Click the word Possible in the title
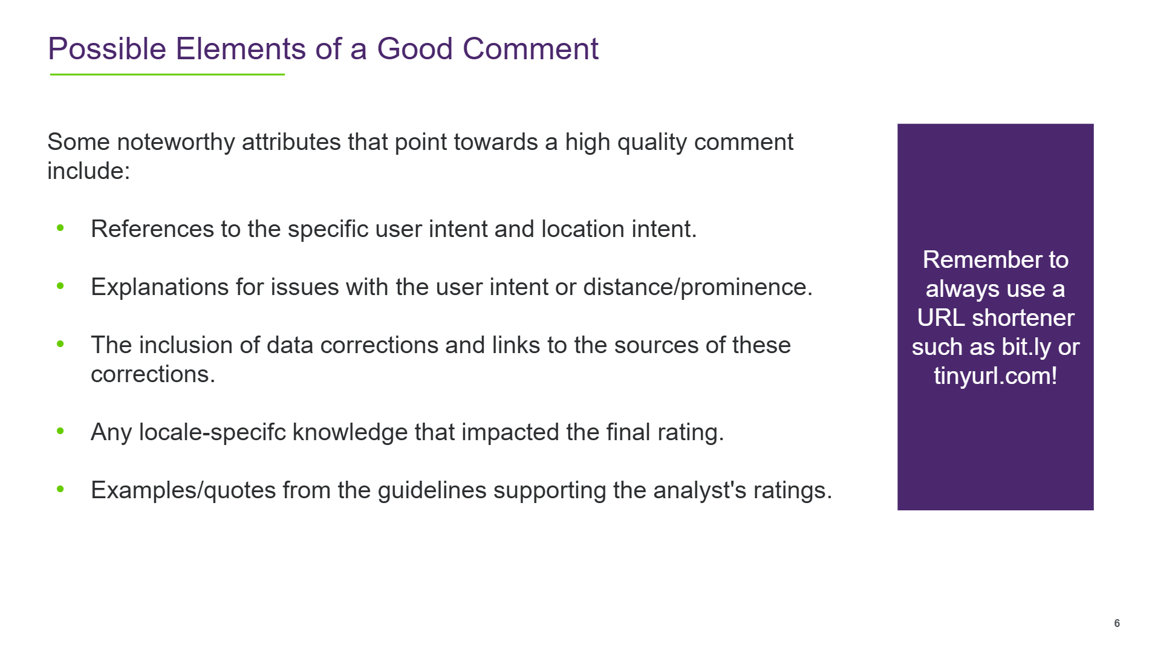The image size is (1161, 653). click(x=107, y=48)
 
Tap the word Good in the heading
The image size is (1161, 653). click(x=414, y=48)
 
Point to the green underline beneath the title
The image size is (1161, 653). click(x=167, y=74)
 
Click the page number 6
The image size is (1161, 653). click(x=1117, y=623)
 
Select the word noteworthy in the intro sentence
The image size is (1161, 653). click(x=175, y=143)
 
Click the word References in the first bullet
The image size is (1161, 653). click(x=152, y=229)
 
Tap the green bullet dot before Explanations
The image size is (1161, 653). click(x=60, y=286)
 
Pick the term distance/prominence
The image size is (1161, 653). click(x=697, y=287)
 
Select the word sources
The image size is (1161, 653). click(x=656, y=345)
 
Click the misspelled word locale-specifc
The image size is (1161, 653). click(x=212, y=433)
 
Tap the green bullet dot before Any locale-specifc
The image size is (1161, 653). click(x=60, y=431)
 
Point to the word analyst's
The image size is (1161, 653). click(x=700, y=490)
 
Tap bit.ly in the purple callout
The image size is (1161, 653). click(x=1026, y=348)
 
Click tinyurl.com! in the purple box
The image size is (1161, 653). click(x=995, y=377)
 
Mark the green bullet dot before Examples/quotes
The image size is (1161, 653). click(x=60, y=489)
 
